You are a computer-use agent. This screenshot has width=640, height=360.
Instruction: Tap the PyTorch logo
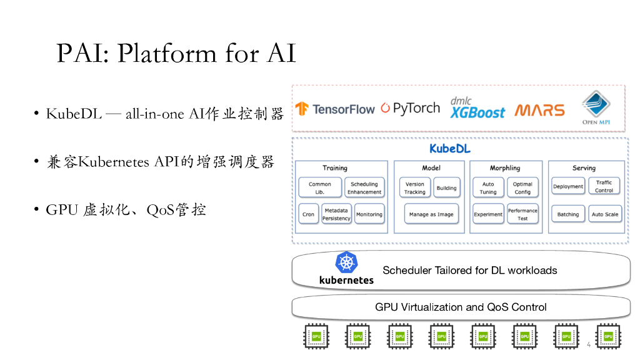[410, 108]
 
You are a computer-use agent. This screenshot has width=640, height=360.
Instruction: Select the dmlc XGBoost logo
[477, 108]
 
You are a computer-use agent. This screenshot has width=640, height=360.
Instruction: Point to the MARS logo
[539, 111]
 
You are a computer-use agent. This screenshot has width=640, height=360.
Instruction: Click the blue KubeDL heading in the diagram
[450, 149]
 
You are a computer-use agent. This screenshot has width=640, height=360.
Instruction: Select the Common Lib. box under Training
[320, 188]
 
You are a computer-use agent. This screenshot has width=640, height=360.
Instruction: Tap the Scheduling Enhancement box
[364, 188]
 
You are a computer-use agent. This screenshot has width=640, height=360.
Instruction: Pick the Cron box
[308, 214]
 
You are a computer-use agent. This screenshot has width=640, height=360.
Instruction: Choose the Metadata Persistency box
[336, 214]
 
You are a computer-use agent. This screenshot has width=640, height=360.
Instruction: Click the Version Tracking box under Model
[415, 188]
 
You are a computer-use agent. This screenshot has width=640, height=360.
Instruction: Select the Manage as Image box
[431, 214]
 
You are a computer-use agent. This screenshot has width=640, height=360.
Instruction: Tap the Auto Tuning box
[488, 188]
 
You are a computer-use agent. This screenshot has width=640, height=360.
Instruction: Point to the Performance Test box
[522, 214]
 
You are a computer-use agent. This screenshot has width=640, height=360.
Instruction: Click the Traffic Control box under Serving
[604, 186]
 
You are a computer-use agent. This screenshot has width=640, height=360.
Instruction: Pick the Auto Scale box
[605, 214]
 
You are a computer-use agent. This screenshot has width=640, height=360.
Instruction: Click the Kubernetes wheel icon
[346, 262]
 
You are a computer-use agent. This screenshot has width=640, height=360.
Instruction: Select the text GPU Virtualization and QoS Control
[461, 307]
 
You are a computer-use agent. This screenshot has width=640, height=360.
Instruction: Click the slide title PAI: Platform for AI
[176, 54]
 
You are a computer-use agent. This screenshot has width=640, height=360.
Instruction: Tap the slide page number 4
[589, 345]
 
